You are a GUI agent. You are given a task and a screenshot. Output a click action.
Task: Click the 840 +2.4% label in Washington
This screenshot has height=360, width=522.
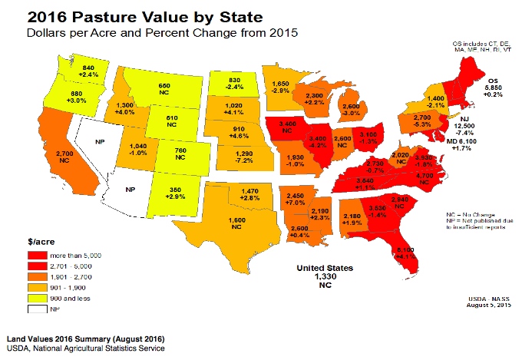click(x=89, y=72)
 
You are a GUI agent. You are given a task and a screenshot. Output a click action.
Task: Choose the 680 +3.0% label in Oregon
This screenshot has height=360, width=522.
click(x=76, y=96)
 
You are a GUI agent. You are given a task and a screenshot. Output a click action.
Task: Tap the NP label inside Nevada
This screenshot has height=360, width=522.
click(x=100, y=143)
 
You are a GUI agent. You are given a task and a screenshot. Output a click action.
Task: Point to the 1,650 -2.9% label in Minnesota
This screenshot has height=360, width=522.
click(x=280, y=85)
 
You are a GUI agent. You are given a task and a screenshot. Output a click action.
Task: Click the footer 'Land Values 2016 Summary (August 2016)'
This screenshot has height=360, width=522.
click(x=85, y=339)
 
